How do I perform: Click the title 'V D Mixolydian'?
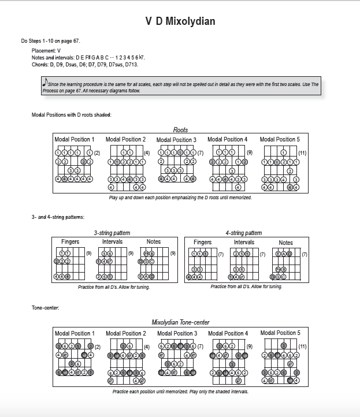click(x=180, y=22)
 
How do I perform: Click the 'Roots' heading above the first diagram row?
click(x=180, y=130)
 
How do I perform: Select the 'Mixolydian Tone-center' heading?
click(x=180, y=322)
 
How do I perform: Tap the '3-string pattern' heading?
click(x=112, y=233)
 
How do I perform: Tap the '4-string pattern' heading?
click(x=244, y=233)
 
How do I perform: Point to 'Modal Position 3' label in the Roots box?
click(x=176, y=140)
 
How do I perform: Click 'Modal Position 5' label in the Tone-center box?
click(x=280, y=333)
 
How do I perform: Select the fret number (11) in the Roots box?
click(x=302, y=152)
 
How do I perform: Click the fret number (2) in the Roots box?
click(x=98, y=152)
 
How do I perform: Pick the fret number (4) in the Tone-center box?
click(x=147, y=347)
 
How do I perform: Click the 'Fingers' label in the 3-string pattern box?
click(x=70, y=241)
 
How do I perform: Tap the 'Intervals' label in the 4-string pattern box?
click(x=244, y=242)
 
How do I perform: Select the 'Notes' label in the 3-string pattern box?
click(x=154, y=241)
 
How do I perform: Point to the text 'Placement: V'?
click(x=47, y=51)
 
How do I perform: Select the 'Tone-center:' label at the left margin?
click(x=45, y=307)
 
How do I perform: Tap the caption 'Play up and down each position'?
click(x=180, y=198)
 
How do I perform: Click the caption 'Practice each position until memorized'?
click(x=180, y=392)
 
